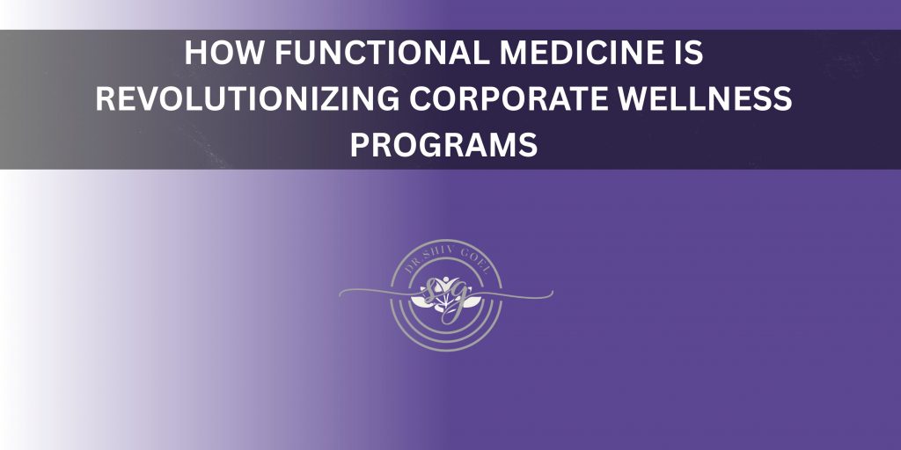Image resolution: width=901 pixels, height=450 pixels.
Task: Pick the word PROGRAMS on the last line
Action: [443, 146]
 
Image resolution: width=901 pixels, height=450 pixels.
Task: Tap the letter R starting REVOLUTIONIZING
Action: [105, 100]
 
